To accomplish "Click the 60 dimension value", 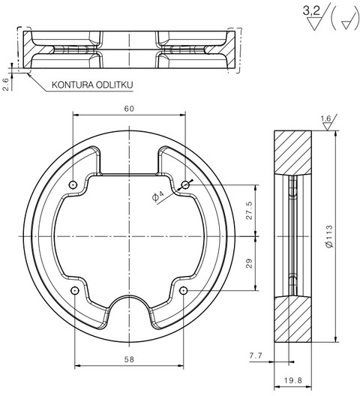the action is pyautogui.click(x=129, y=109).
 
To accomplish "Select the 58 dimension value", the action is pyautogui.click(x=129, y=359).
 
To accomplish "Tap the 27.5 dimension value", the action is pyautogui.click(x=249, y=210).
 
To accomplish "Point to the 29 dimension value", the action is pyautogui.click(x=249, y=263).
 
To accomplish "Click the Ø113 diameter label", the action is pyautogui.click(x=330, y=236).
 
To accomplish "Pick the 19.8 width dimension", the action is pyautogui.click(x=292, y=380).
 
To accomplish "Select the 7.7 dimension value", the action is pyautogui.click(x=256, y=355).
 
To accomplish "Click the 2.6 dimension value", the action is pyautogui.click(x=6, y=84).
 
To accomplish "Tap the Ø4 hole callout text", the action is pyautogui.click(x=158, y=196).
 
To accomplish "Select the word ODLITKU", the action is pyautogui.click(x=115, y=85).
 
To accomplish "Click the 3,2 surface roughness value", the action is pyautogui.click(x=311, y=10).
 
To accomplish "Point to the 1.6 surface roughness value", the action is pyautogui.click(x=325, y=118).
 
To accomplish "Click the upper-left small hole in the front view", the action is pyautogui.click(x=73, y=185).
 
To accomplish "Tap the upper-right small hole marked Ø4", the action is pyautogui.click(x=185, y=185).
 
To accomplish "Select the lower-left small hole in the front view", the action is pyautogui.click(x=75, y=291).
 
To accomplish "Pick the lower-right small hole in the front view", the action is pyautogui.click(x=184, y=291).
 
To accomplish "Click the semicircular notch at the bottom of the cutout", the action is pyautogui.click(x=129, y=295).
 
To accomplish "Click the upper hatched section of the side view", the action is pyautogui.click(x=292, y=152).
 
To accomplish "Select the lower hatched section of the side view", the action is pyautogui.click(x=292, y=319).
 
